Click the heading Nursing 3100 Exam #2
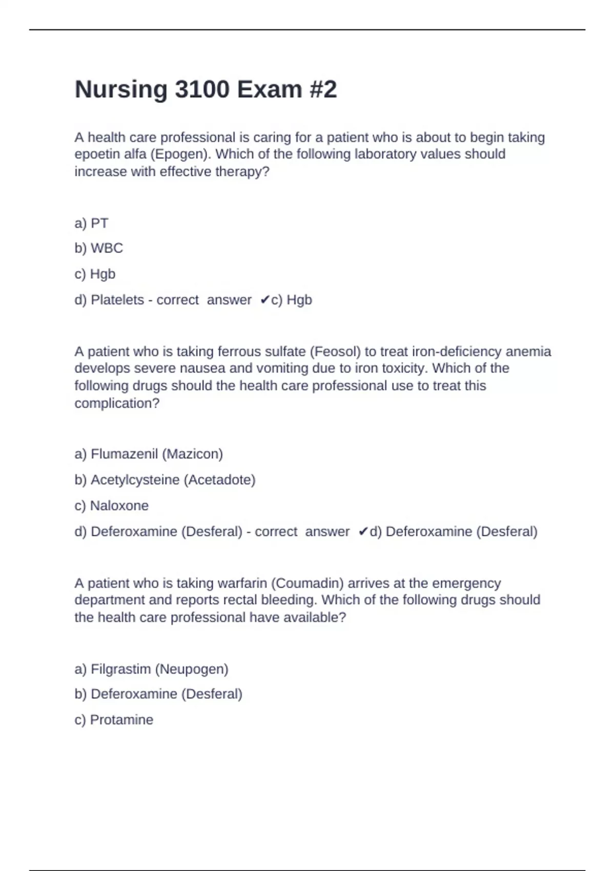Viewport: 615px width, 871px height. (206, 90)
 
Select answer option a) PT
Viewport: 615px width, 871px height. (91, 223)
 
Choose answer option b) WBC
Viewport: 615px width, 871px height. (98, 248)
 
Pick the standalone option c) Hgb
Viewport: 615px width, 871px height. (95, 274)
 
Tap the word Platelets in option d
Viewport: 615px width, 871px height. (117, 300)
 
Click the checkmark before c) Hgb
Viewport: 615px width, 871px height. (264, 300)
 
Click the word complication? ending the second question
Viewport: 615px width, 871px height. (117, 403)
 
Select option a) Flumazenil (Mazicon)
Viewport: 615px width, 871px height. (149, 454)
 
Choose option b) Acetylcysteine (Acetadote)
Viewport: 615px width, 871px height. (165, 480)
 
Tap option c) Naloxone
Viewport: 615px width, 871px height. (111, 506)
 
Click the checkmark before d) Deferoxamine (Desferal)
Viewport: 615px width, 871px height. (363, 532)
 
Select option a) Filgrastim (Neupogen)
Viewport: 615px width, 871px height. (151, 669)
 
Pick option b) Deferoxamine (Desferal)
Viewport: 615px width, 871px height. (158, 694)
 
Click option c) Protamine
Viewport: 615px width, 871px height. (114, 720)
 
